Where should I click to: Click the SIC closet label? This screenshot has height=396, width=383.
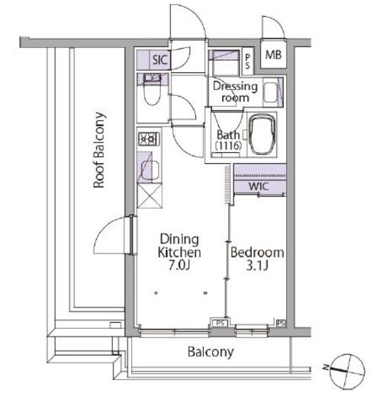[160, 60]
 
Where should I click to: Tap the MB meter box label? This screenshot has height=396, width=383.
[273, 55]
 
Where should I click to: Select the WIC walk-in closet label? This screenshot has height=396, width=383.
[259, 187]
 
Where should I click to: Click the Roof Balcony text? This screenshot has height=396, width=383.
[99, 150]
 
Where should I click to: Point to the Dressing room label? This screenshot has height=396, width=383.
[235, 91]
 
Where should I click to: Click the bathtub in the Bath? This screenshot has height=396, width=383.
[262, 134]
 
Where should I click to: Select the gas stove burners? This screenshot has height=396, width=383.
[149, 139]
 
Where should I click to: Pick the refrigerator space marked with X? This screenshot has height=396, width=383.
[150, 196]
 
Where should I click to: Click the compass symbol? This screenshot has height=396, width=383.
[348, 371]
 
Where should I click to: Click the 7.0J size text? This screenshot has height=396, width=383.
[179, 266]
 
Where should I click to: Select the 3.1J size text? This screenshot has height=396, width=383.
[257, 266]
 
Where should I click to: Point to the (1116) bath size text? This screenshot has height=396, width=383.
[228, 145]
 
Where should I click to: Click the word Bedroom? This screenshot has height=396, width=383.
[257, 253]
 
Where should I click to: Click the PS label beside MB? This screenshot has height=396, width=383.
[247, 62]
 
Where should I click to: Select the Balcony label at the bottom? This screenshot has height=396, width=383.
[211, 353]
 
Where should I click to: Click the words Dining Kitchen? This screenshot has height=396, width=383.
[179, 246]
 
